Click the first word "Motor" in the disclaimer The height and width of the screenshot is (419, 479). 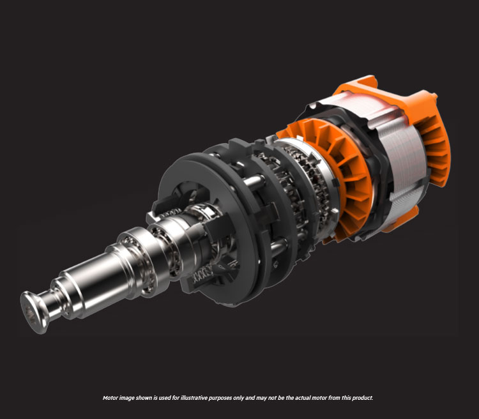pyautogui.click(x=111, y=398)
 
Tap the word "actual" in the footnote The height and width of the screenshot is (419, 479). pyautogui.click(x=302, y=398)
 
